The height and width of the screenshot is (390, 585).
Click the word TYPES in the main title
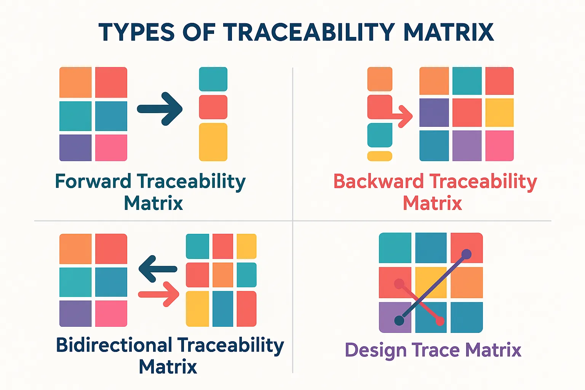point(136,32)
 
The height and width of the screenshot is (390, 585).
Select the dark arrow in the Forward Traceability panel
point(160,109)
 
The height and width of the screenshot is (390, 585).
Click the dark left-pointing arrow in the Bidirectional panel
point(157,269)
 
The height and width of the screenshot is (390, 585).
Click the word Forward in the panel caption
point(93,181)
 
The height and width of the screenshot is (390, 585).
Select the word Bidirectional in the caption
point(114,345)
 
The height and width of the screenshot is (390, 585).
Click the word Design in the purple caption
point(376,350)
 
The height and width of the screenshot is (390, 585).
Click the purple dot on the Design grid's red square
point(467,254)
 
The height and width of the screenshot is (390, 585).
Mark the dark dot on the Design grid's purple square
point(399,320)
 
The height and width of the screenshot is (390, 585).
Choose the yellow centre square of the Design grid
point(431,283)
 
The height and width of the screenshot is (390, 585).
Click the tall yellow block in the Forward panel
point(213,142)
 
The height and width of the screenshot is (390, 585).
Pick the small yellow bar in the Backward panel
point(380,156)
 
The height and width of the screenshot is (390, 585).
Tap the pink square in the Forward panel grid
point(111,148)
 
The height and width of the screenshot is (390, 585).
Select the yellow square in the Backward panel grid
point(499,113)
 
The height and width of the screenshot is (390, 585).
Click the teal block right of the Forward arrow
point(213,79)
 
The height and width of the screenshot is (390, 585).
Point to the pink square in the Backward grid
point(499,145)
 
